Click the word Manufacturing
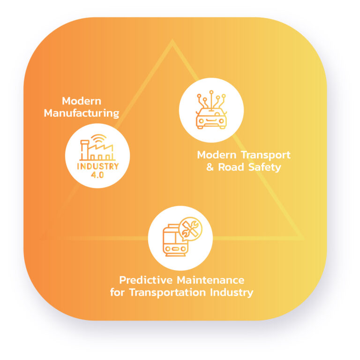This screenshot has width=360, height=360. click(x=82, y=113)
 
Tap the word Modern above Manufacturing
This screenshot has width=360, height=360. click(x=82, y=101)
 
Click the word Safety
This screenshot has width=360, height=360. click(x=264, y=167)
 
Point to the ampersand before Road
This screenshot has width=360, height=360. click(x=210, y=167)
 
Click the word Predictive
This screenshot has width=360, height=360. click(x=146, y=280)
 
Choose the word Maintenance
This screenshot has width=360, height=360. click(x=211, y=280)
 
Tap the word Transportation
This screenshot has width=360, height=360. click(x=167, y=292)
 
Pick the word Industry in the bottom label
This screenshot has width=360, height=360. click(x=232, y=293)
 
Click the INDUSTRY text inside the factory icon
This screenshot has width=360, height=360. click(x=98, y=166)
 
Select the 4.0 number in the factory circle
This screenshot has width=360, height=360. click(x=97, y=175)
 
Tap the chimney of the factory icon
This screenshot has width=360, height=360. click(x=84, y=150)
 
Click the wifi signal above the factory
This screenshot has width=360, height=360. click(x=99, y=138)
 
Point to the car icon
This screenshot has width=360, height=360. click(x=211, y=110)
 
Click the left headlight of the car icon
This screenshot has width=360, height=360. click(x=201, y=121)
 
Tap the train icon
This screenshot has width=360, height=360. click(x=176, y=240)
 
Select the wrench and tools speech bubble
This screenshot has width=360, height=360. click(x=190, y=229)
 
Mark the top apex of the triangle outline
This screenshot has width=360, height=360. click(x=172, y=40)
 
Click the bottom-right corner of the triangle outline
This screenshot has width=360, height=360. click(x=304, y=239)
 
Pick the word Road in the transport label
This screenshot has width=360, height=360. click(x=231, y=167)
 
